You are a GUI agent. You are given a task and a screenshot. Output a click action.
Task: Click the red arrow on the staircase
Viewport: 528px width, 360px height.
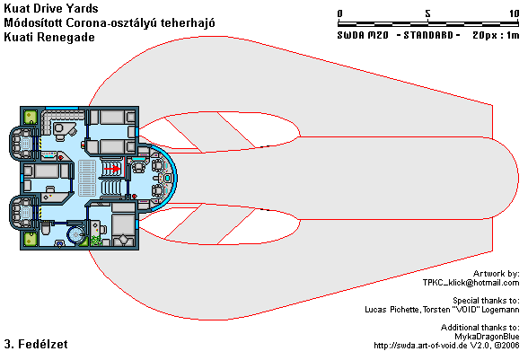(112, 169)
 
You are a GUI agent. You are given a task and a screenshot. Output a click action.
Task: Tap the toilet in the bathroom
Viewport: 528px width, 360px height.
(46, 228)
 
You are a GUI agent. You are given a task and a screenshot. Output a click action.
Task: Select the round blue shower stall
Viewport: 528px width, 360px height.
(75, 234)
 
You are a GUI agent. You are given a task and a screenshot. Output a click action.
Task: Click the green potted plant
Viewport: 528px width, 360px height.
(96, 241)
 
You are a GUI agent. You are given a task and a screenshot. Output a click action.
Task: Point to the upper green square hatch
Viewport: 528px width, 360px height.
(31, 118)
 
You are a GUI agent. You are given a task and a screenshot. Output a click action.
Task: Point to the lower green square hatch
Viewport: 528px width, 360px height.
(31, 239)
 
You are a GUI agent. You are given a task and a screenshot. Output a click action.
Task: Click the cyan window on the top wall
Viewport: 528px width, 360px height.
(62, 108)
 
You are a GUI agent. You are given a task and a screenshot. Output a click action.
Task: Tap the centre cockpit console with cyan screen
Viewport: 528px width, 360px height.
(167, 178)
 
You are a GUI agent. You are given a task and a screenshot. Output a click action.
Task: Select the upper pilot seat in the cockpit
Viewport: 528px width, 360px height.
(158, 165)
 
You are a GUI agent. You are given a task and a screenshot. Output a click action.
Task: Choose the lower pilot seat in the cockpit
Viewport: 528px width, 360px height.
(158, 190)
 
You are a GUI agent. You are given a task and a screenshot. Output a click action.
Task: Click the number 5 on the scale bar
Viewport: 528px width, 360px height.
(427, 13)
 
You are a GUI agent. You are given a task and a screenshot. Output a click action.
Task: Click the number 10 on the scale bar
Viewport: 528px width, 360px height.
(515, 13)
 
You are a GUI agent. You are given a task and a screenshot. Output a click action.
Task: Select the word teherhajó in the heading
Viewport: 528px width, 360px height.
(188, 23)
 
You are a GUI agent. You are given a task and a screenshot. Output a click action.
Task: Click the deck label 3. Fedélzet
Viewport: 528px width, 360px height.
(36, 344)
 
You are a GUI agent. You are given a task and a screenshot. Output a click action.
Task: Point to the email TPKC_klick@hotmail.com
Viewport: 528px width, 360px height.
(471, 283)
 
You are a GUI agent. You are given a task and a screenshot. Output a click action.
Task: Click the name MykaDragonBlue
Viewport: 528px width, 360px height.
(487, 337)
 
